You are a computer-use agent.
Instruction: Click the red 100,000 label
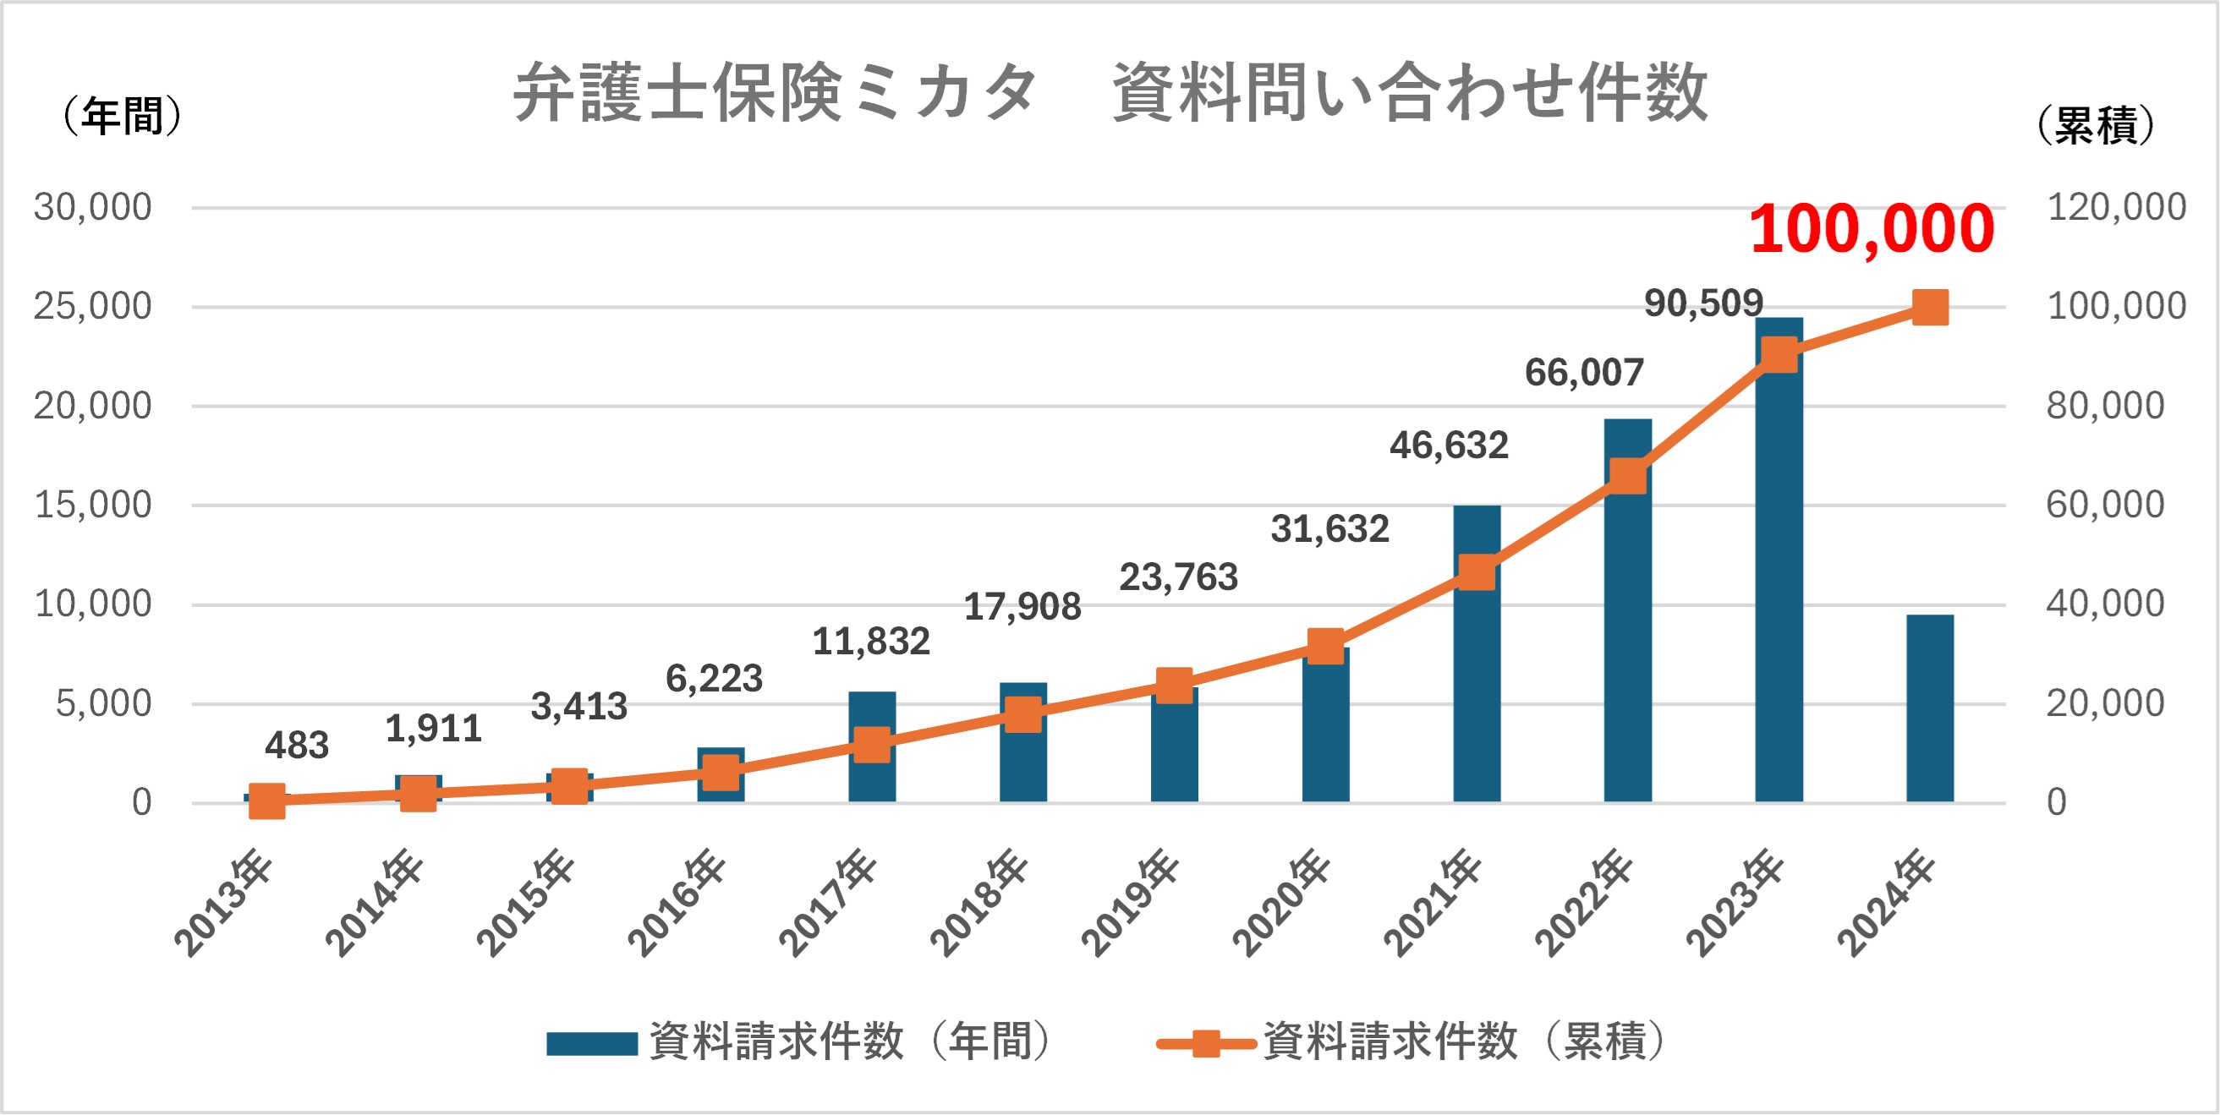tap(1872, 229)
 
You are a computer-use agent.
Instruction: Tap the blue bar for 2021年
tap(1477, 689)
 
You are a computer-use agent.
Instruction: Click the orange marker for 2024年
tap(1930, 308)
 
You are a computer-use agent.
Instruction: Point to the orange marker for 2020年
tap(1325, 646)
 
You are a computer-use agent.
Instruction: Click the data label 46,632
tap(1449, 445)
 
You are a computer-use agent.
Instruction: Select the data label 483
tap(297, 746)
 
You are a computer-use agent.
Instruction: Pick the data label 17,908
tap(1022, 607)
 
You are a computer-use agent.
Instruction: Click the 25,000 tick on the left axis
tap(92, 306)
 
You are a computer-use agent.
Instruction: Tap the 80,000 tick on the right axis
tap(2105, 405)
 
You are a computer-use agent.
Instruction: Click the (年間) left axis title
tap(123, 117)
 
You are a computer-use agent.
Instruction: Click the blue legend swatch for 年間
tap(592, 1043)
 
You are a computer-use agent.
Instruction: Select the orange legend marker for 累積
tap(1206, 1043)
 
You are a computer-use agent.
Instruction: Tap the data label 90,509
tap(1703, 303)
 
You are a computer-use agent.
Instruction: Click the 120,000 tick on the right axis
tap(2116, 207)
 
